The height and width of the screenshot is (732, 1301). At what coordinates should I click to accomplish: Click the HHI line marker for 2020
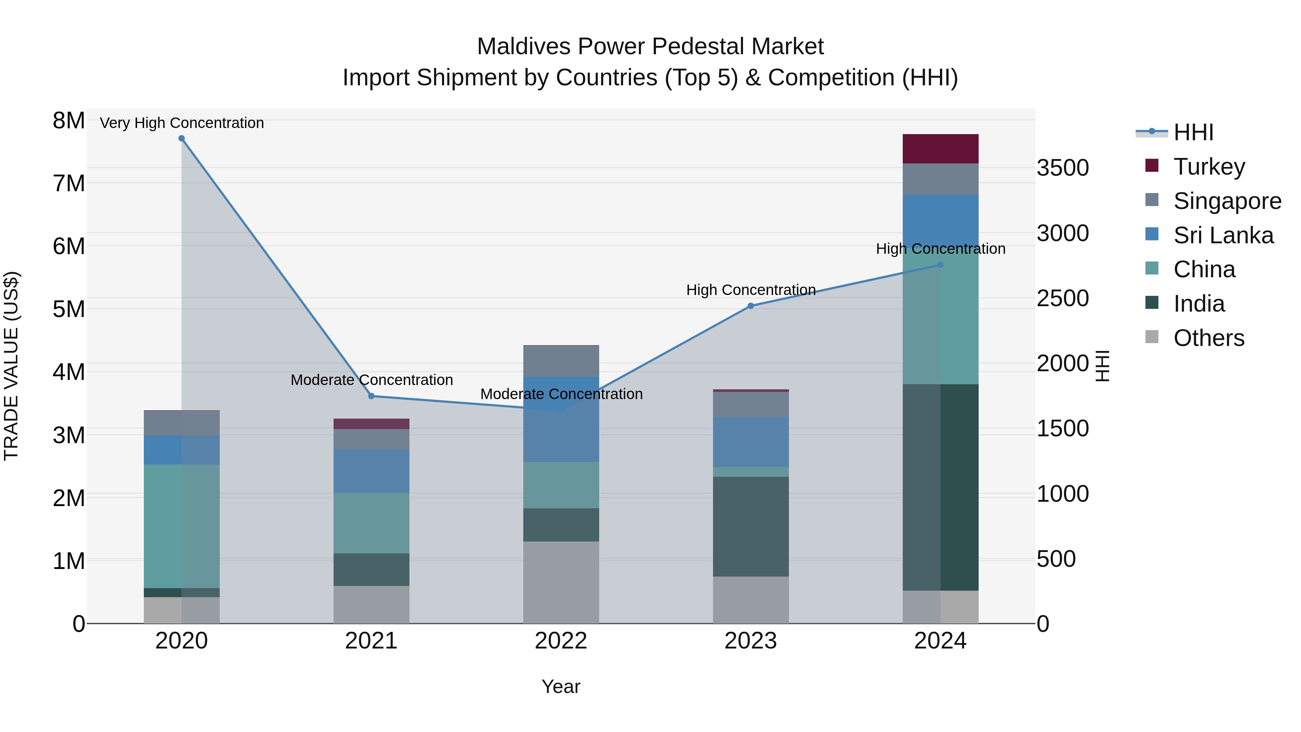pos(181,138)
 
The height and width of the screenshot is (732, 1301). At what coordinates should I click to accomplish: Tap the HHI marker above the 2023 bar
pos(751,305)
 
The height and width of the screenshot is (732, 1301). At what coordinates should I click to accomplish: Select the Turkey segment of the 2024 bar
pos(940,149)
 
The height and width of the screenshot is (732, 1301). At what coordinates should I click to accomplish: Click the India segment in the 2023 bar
pos(751,526)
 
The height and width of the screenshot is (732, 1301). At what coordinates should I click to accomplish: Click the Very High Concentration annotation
pos(182,123)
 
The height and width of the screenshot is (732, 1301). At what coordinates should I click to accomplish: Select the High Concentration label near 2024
pos(940,249)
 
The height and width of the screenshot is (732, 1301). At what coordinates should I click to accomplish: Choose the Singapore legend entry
pos(1227,201)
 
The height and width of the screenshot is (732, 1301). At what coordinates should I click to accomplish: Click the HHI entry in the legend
pos(1193,132)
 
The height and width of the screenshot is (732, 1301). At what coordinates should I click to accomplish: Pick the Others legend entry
pos(1208,338)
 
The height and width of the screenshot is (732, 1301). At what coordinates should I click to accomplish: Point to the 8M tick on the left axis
pos(69,121)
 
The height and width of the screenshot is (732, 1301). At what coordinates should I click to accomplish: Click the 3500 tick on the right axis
pos(1062,168)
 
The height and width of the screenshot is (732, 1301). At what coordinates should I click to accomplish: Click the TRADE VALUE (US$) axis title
pos(12,366)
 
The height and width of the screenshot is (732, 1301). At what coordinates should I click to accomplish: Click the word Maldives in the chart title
pos(523,47)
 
